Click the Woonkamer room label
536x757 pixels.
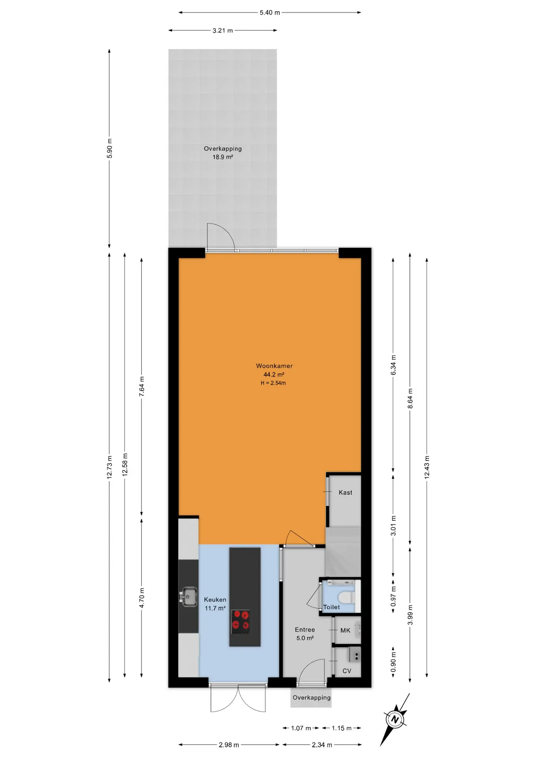tap(274, 366)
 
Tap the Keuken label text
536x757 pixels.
tap(215, 600)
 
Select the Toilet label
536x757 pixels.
tap(332, 607)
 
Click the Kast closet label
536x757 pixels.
tap(345, 492)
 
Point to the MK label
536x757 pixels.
tap(345, 630)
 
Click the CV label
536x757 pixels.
tap(347, 671)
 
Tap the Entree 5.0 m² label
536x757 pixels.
tap(305, 634)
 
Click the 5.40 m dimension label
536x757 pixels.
tap(270, 13)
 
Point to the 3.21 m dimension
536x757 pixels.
tap(223, 30)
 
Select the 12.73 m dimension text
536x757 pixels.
tap(110, 467)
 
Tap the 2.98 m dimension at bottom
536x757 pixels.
tap(229, 745)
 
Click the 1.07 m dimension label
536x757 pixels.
tap(301, 728)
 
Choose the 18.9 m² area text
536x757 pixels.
tap(223, 157)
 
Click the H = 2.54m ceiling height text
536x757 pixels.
tap(273, 383)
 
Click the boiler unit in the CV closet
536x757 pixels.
tap(354, 655)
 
